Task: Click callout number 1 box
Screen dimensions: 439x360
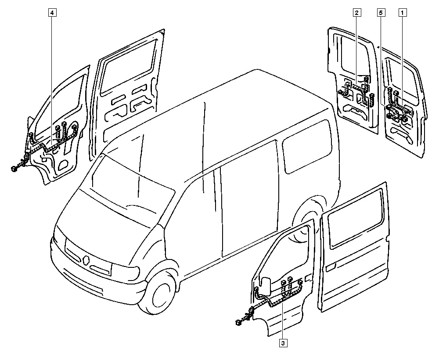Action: [403, 13]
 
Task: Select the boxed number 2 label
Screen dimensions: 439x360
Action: [356, 13]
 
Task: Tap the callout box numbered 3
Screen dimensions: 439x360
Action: [283, 343]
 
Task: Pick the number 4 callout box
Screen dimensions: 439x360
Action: [52, 13]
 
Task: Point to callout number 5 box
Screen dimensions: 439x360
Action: [381, 13]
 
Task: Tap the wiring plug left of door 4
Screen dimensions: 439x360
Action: [14, 168]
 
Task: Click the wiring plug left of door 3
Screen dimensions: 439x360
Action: [239, 322]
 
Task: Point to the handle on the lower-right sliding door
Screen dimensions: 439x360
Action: [331, 267]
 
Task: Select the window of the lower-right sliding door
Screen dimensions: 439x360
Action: [356, 218]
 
